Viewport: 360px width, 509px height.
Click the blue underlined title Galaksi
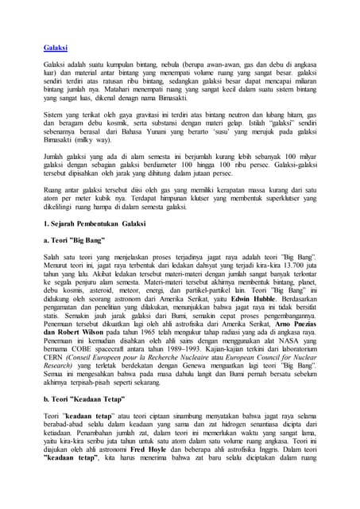(x=55, y=49)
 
